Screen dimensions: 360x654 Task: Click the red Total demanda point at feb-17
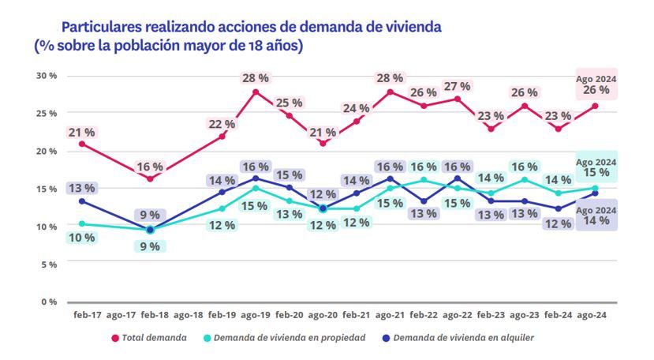pyautogui.click(x=81, y=144)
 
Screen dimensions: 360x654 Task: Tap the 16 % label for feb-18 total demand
pyautogui.click(x=150, y=167)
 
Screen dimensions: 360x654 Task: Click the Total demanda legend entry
pyautogui.click(x=153, y=338)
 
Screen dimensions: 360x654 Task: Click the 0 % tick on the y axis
pyautogui.click(x=49, y=302)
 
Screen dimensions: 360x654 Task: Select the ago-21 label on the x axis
pyautogui.click(x=391, y=315)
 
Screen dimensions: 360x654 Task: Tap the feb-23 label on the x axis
pyautogui.click(x=491, y=315)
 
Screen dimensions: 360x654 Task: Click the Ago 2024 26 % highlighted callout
pyautogui.click(x=596, y=84)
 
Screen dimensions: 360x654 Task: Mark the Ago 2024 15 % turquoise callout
pyautogui.click(x=596, y=167)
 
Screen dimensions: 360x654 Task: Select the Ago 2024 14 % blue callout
pyautogui.click(x=596, y=215)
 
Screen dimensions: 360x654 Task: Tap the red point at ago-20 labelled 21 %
pyautogui.click(x=323, y=143)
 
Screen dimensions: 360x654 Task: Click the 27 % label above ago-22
pyautogui.click(x=458, y=85)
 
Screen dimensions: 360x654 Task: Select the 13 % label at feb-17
pyautogui.click(x=81, y=188)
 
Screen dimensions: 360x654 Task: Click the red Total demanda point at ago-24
pyautogui.click(x=596, y=106)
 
